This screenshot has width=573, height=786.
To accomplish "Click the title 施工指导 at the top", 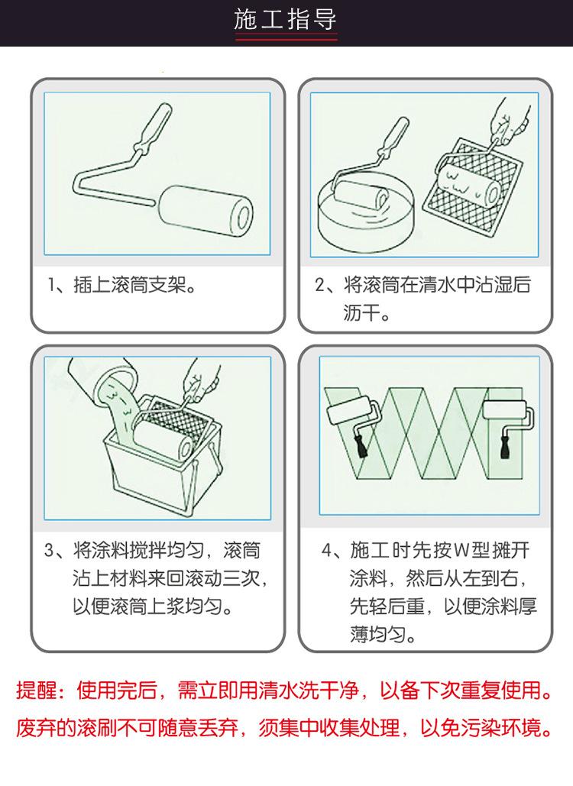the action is pyautogui.click(x=285, y=20).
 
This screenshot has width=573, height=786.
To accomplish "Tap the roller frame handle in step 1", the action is pyautogui.click(x=153, y=126).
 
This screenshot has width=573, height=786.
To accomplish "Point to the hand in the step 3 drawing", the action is pyautogui.click(x=200, y=382).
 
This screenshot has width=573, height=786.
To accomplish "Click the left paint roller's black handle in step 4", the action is pyautogui.click(x=361, y=445).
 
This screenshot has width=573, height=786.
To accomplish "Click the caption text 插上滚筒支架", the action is pyautogui.click(x=129, y=285).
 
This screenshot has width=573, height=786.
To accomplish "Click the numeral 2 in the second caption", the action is pyautogui.click(x=320, y=285).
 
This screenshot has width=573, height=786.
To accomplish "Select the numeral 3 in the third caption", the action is pyautogui.click(x=49, y=551).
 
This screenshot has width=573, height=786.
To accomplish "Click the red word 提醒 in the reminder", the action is pyautogui.click(x=35, y=691).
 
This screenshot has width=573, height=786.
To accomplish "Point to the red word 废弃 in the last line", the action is pyautogui.click(x=35, y=728).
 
